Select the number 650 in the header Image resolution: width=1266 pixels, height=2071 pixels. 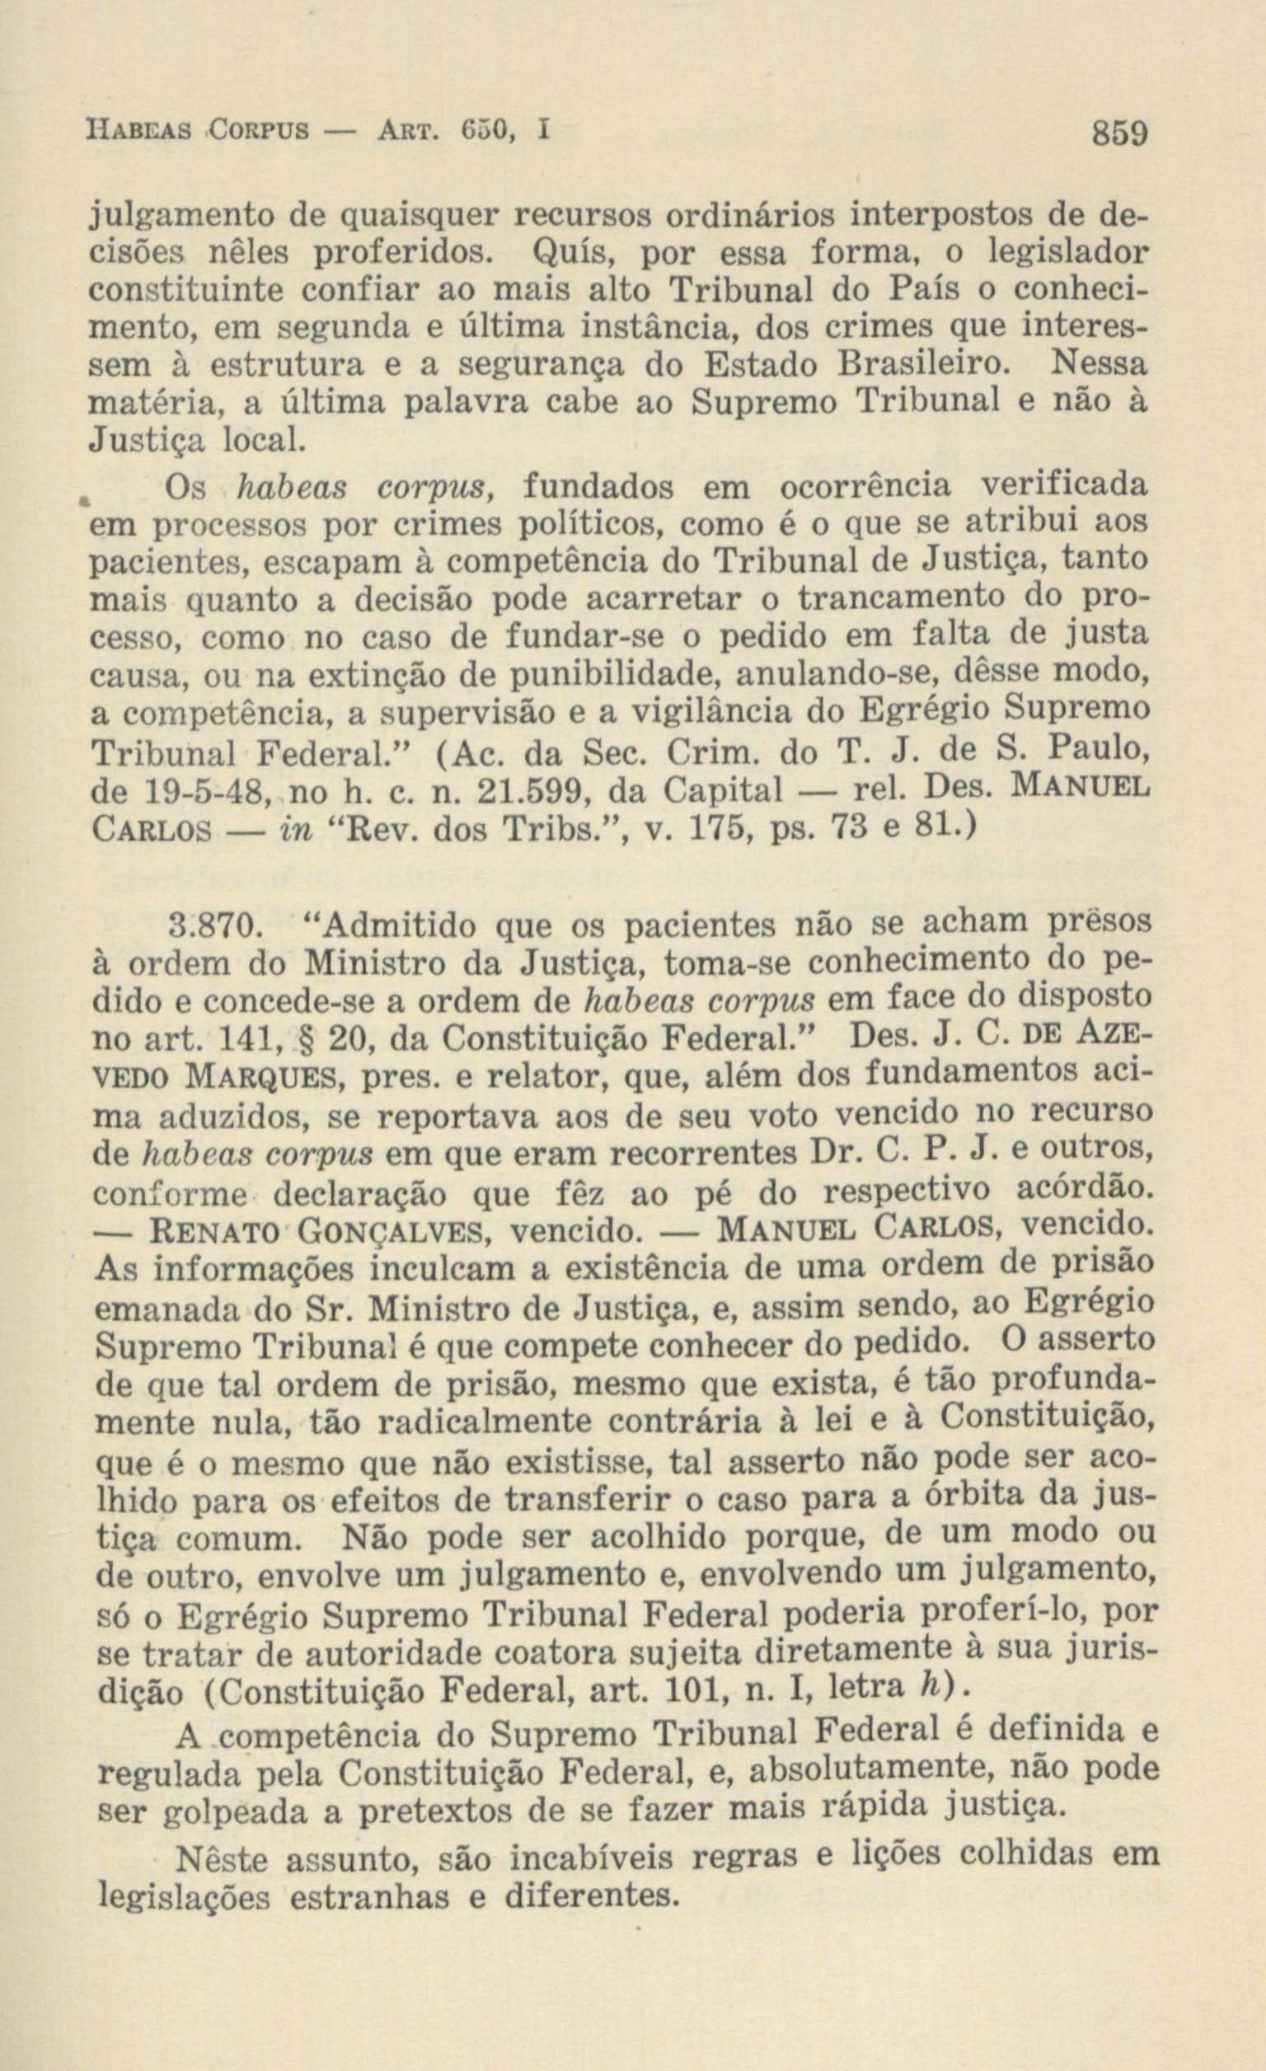[482, 132]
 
